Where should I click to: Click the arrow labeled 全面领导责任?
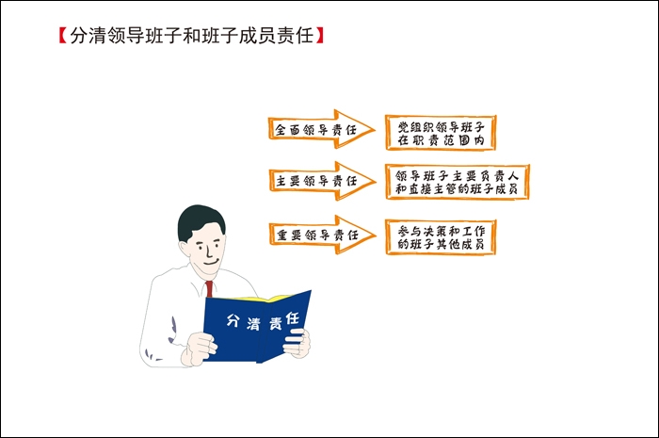tap(321, 129)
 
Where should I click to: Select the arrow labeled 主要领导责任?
tap(322, 181)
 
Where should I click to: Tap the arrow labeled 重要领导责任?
tap(322, 235)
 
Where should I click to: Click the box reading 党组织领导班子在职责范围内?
tap(441, 133)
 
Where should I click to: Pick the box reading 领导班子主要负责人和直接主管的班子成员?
tap(458, 182)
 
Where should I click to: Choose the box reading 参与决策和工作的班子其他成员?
tap(441, 237)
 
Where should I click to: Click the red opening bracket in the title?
tap(63, 36)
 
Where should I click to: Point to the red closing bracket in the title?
tap(320, 36)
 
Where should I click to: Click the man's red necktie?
tap(209, 289)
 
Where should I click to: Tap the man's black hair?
tap(199, 220)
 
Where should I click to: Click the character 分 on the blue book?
tap(233, 320)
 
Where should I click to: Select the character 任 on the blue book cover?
tap(293, 318)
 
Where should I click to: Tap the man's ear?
tap(185, 248)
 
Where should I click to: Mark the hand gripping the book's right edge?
tap(297, 343)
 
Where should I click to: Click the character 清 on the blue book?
tap(253, 324)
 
